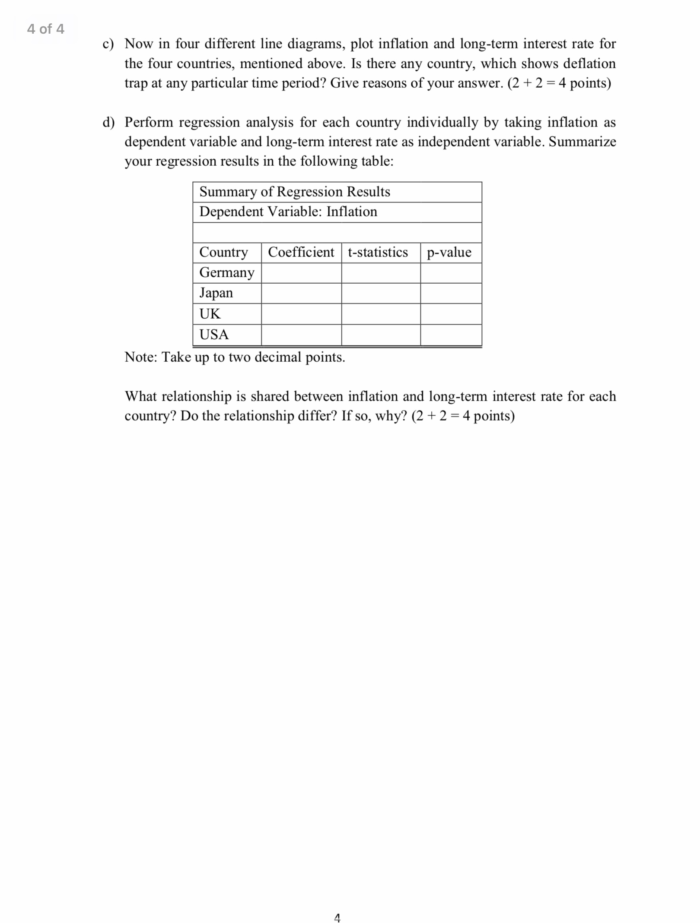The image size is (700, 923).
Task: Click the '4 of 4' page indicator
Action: pyautogui.click(x=45, y=29)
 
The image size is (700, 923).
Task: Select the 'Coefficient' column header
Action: pyautogui.click(x=301, y=252)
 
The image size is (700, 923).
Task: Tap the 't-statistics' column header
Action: pyautogui.click(x=378, y=252)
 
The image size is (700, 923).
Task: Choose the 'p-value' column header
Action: pyautogui.click(x=449, y=252)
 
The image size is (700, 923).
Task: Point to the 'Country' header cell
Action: pyautogui.click(x=223, y=252)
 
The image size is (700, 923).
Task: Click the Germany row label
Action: pyautogui.click(x=226, y=272)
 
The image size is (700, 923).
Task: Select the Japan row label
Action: pyautogui.click(x=216, y=293)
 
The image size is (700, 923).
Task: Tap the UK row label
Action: pyautogui.click(x=210, y=314)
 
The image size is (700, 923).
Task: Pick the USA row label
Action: pyautogui.click(x=213, y=335)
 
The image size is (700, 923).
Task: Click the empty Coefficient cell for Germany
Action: pyautogui.click(x=301, y=273)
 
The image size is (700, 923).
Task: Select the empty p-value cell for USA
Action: pyautogui.click(x=451, y=335)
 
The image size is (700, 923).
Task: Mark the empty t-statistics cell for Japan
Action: pyautogui.click(x=381, y=293)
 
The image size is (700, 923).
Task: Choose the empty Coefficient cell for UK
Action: pyautogui.click(x=301, y=314)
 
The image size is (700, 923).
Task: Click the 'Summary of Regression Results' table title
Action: pyautogui.click(x=294, y=192)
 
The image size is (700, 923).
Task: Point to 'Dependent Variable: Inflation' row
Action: pyautogui.click(x=288, y=212)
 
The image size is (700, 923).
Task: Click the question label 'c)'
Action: pyautogui.click(x=108, y=44)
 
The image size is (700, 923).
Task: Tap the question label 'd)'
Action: pyautogui.click(x=108, y=123)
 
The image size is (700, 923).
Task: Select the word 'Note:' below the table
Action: pyautogui.click(x=141, y=357)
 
